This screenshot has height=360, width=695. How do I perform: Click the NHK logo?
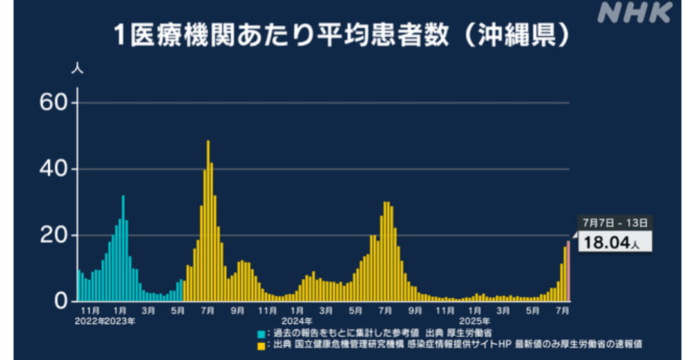[x=634, y=12]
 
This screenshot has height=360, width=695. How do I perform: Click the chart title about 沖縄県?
[x=343, y=35]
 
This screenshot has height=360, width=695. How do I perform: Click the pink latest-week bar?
[x=568, y=271]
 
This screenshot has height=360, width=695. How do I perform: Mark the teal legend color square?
[x=261, y=334]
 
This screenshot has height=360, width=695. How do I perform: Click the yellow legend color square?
[x=261, y=346]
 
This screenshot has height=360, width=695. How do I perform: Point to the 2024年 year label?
[x=297, y=321]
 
